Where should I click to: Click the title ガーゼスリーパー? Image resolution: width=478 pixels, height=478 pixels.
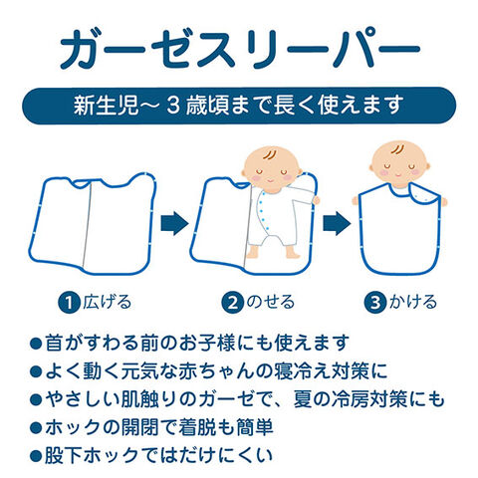[x=240, y=48]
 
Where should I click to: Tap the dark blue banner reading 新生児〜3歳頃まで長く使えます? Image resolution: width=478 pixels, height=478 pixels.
[x=239, y=106]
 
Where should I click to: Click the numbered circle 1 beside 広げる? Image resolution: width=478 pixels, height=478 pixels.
[x=69, y=303]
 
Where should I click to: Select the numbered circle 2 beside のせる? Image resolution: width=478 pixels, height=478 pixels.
[x=233, y=303]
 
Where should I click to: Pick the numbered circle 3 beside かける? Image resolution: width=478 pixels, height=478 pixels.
[x=375, y=303]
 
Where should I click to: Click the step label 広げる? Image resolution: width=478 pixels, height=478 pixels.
[x=107, y=302]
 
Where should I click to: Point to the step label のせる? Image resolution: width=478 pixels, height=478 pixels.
[x=270, y=302]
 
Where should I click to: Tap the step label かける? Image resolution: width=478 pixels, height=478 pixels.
[x=412, y=302]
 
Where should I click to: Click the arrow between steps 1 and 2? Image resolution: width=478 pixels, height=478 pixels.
[x=174, y=223]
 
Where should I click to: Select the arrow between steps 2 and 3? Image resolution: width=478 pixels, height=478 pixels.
[x=337, y=223]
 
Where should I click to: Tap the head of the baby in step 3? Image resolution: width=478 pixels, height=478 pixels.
[x=399, y=164]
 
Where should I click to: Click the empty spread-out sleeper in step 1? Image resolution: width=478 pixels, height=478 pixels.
[x=93, y=223]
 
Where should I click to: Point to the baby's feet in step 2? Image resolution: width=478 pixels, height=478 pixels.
[x=273, y=252]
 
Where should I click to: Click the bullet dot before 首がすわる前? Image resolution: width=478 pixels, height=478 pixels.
[x=36, y=343]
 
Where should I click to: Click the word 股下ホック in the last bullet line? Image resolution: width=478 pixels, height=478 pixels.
[x=91, y=455]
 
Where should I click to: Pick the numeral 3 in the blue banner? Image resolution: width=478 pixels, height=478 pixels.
[x=173, y=106]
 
